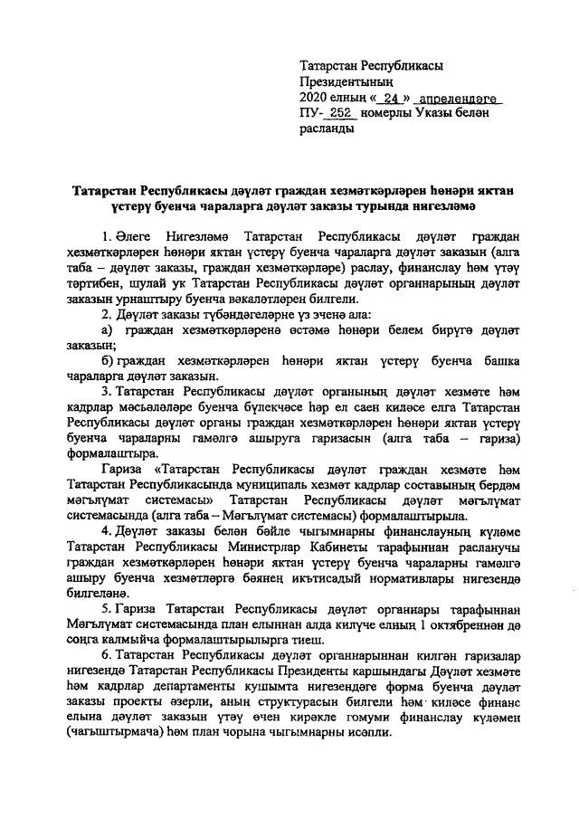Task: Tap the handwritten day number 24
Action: [391, 99]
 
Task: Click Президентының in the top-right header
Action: [345, 82]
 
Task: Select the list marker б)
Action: [107, 360]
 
